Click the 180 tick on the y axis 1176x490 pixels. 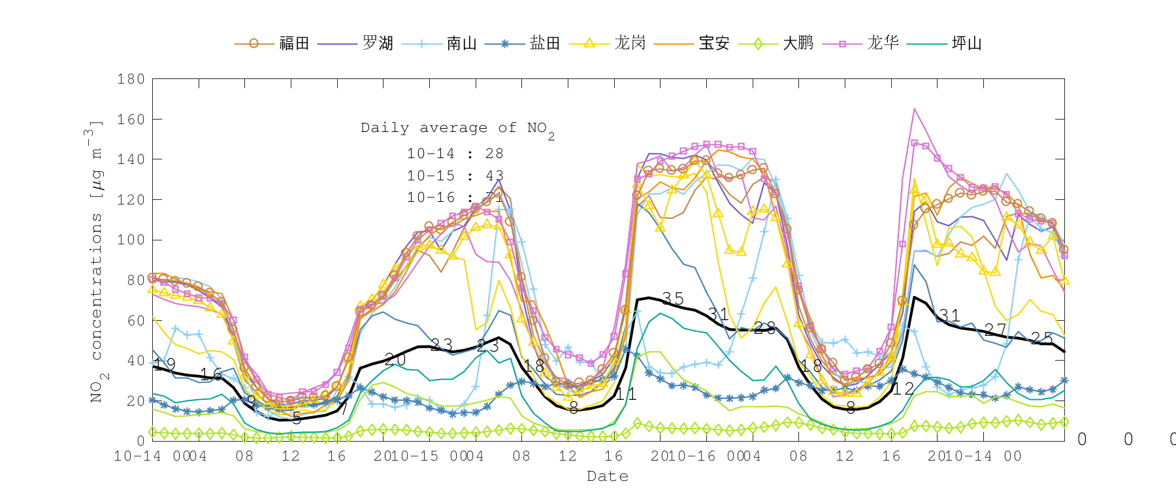point(131,79)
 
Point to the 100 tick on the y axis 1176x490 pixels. point(131,240)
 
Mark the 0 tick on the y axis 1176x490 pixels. point(140,441)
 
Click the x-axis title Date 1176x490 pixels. point(608,476)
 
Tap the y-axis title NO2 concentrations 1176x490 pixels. point(97,261)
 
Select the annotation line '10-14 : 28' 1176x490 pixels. point(455,154)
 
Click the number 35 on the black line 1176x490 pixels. point(672,299)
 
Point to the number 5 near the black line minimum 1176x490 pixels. point(297,419)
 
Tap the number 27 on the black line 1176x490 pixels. point(995,330)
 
